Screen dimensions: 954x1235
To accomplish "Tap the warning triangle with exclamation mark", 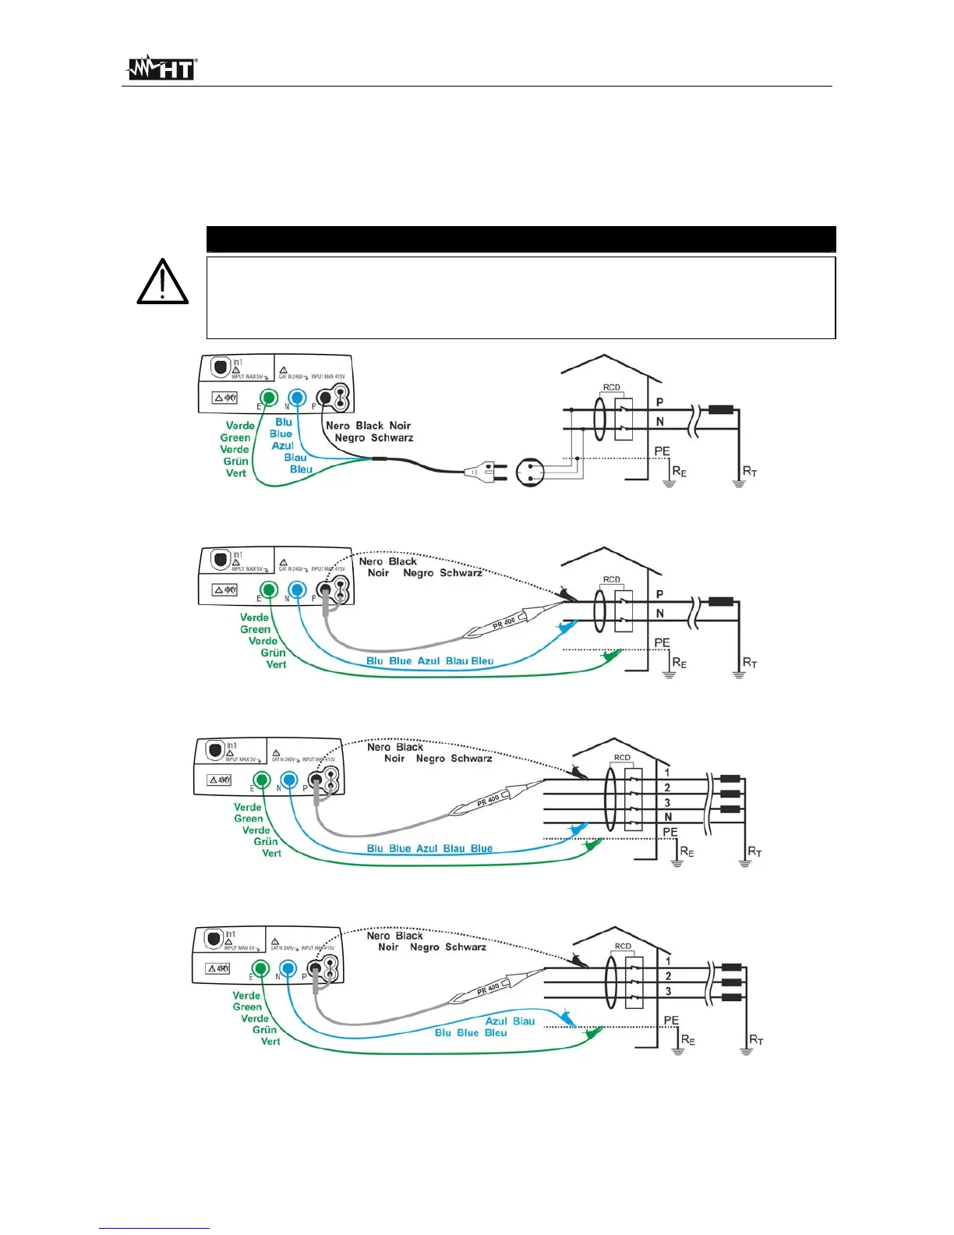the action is [162, 282].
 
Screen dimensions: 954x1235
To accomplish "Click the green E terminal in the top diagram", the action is [268, 398].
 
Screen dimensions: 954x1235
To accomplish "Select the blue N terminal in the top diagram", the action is [296, 398].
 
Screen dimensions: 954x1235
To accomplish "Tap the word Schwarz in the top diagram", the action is [392, 438].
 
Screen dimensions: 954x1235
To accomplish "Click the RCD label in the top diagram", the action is [611, 387].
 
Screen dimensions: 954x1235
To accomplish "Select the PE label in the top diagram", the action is [662, 451].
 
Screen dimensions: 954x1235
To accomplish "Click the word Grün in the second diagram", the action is [273, 653].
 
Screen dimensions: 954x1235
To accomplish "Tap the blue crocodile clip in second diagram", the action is [565, 626].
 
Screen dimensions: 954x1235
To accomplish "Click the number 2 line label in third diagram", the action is [667, 787].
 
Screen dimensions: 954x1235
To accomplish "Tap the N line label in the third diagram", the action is [668, 817].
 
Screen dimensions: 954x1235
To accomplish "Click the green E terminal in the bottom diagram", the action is [260, 969].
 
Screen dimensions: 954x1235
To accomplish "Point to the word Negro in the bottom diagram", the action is [424, 947].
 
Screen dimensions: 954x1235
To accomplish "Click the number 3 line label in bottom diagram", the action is [668, 992].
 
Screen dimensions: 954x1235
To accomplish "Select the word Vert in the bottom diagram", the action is [270, 1042].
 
